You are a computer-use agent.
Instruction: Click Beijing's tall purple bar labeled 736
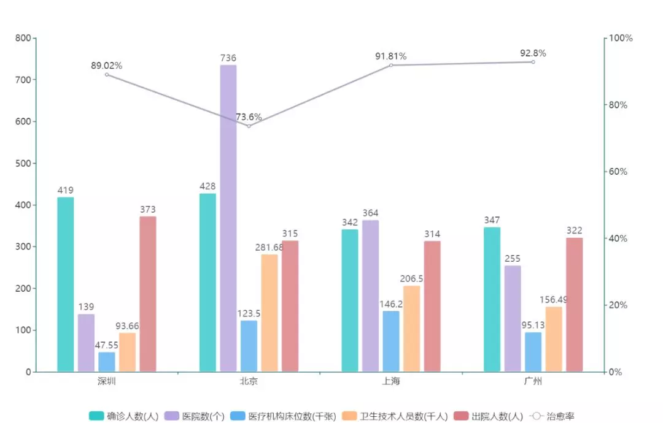228,218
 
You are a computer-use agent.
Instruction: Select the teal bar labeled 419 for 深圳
66,284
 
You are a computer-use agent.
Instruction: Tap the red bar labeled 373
147,294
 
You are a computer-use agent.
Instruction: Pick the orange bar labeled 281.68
269,313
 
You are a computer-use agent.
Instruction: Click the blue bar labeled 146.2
391,341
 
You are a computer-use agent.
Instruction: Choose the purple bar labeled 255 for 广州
513,318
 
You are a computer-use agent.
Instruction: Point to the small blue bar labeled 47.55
107,362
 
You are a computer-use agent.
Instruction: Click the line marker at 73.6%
249,126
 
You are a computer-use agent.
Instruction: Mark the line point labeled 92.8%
533,62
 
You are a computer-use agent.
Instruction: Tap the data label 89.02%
106,66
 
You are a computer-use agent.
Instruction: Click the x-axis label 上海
390,382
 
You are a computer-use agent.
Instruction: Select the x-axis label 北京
249,382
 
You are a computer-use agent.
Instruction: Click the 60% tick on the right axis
618,172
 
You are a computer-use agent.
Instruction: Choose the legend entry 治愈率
552,416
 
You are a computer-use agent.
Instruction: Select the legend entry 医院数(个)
194,416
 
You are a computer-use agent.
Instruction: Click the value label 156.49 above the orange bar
554,300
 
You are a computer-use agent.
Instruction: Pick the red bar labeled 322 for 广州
574,304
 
